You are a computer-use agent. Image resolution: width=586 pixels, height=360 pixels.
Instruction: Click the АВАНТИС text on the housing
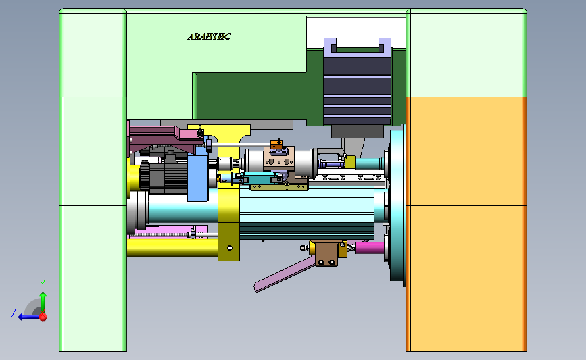tap(209, 36)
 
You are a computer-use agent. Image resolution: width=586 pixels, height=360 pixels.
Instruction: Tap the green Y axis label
tap(43, 284)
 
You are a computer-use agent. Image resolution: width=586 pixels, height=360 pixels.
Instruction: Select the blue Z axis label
tap(14, 313)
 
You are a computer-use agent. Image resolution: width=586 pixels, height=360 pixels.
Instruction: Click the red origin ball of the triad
tap(43, 317)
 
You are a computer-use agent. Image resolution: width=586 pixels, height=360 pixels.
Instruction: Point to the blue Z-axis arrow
tap(29, 317)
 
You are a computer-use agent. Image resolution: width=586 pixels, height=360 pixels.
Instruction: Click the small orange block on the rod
tap(276, 144)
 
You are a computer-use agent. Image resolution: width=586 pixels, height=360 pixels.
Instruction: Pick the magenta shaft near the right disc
tap(369, 247)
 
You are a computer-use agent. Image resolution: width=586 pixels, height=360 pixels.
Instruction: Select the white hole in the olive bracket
tap(230, 248)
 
